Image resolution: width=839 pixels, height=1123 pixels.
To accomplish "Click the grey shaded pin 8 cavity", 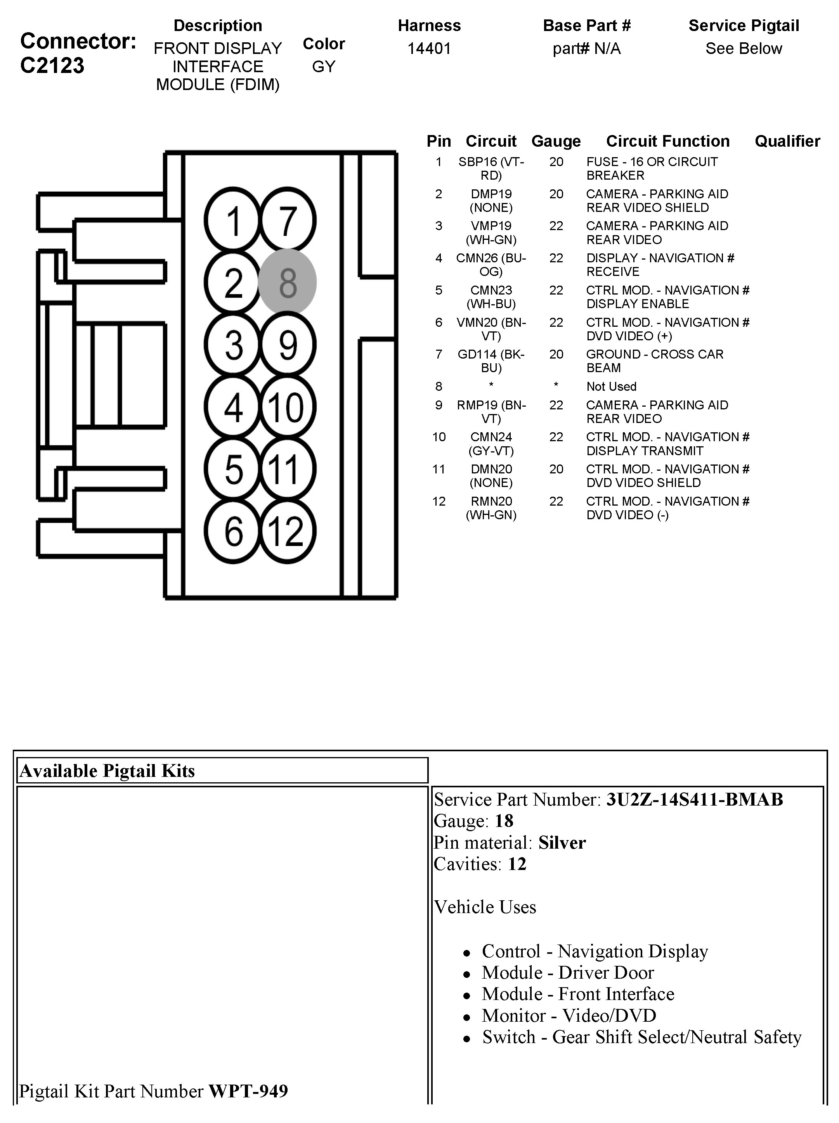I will [x=287, y=282].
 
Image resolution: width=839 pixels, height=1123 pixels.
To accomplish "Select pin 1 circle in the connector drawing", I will [x=233, y=220].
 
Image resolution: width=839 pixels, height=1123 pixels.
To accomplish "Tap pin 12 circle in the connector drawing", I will [x=287, y=531].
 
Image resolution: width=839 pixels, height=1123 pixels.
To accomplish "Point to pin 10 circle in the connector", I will [x=287, y=407].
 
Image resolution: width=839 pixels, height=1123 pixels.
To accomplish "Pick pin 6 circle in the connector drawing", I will [x=233, y=531].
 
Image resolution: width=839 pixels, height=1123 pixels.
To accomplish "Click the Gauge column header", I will [x=556, y=141].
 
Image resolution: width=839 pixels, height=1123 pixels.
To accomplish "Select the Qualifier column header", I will [x=787, y=141].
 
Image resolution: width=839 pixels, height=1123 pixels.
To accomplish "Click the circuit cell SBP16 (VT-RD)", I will [x=491, y=168].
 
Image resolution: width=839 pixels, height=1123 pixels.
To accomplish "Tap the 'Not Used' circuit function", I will [x=611, y=386].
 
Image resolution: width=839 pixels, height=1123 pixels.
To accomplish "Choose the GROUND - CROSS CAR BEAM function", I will [x=654, y=361].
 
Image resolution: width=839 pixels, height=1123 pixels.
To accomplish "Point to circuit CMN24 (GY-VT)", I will [x=491, y=444].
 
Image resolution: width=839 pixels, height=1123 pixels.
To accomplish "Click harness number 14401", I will [x=429, y=49].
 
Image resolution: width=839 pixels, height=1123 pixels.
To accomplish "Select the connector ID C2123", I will [x=52, y=66].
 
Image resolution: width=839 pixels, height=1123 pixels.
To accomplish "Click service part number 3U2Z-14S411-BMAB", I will [x=694, y=800].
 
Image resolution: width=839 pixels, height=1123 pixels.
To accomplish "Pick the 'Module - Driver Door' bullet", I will [x=567, y=972].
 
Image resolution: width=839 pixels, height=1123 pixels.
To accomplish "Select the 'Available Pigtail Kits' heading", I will [x=107, y=771].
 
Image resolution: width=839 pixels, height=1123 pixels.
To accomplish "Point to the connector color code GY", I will [x=324, y=66].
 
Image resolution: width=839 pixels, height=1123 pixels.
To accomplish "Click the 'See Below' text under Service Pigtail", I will [x=744, y=49].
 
